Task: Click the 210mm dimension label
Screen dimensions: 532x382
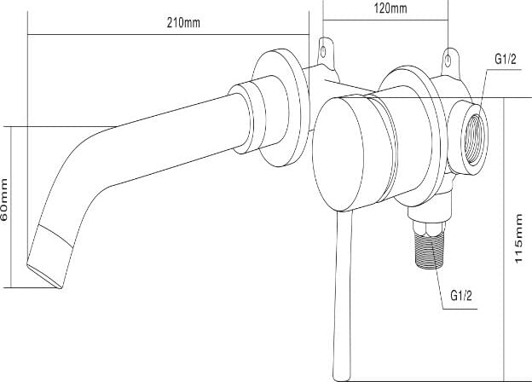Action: [x=183, y=23]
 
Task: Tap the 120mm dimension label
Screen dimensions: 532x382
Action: [x=390, y=9]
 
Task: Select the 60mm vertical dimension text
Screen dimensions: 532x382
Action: [x=4, y=200]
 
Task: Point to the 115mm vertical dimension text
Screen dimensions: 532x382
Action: [x=518, y=239]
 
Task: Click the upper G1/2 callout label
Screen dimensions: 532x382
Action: [x=506, y=59]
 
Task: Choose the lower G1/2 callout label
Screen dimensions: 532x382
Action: [x=461, y=296]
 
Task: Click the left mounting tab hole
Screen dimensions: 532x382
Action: [x=323, y=52]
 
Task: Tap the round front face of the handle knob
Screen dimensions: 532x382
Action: [x=338, y=154]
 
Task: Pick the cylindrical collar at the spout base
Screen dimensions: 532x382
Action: [x=245, y=117]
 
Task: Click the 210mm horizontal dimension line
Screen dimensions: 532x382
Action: [x=168, y=34]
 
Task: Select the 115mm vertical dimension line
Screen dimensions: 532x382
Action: [x=504, y=240]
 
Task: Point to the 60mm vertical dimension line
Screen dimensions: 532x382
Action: [x=11, y=207]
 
